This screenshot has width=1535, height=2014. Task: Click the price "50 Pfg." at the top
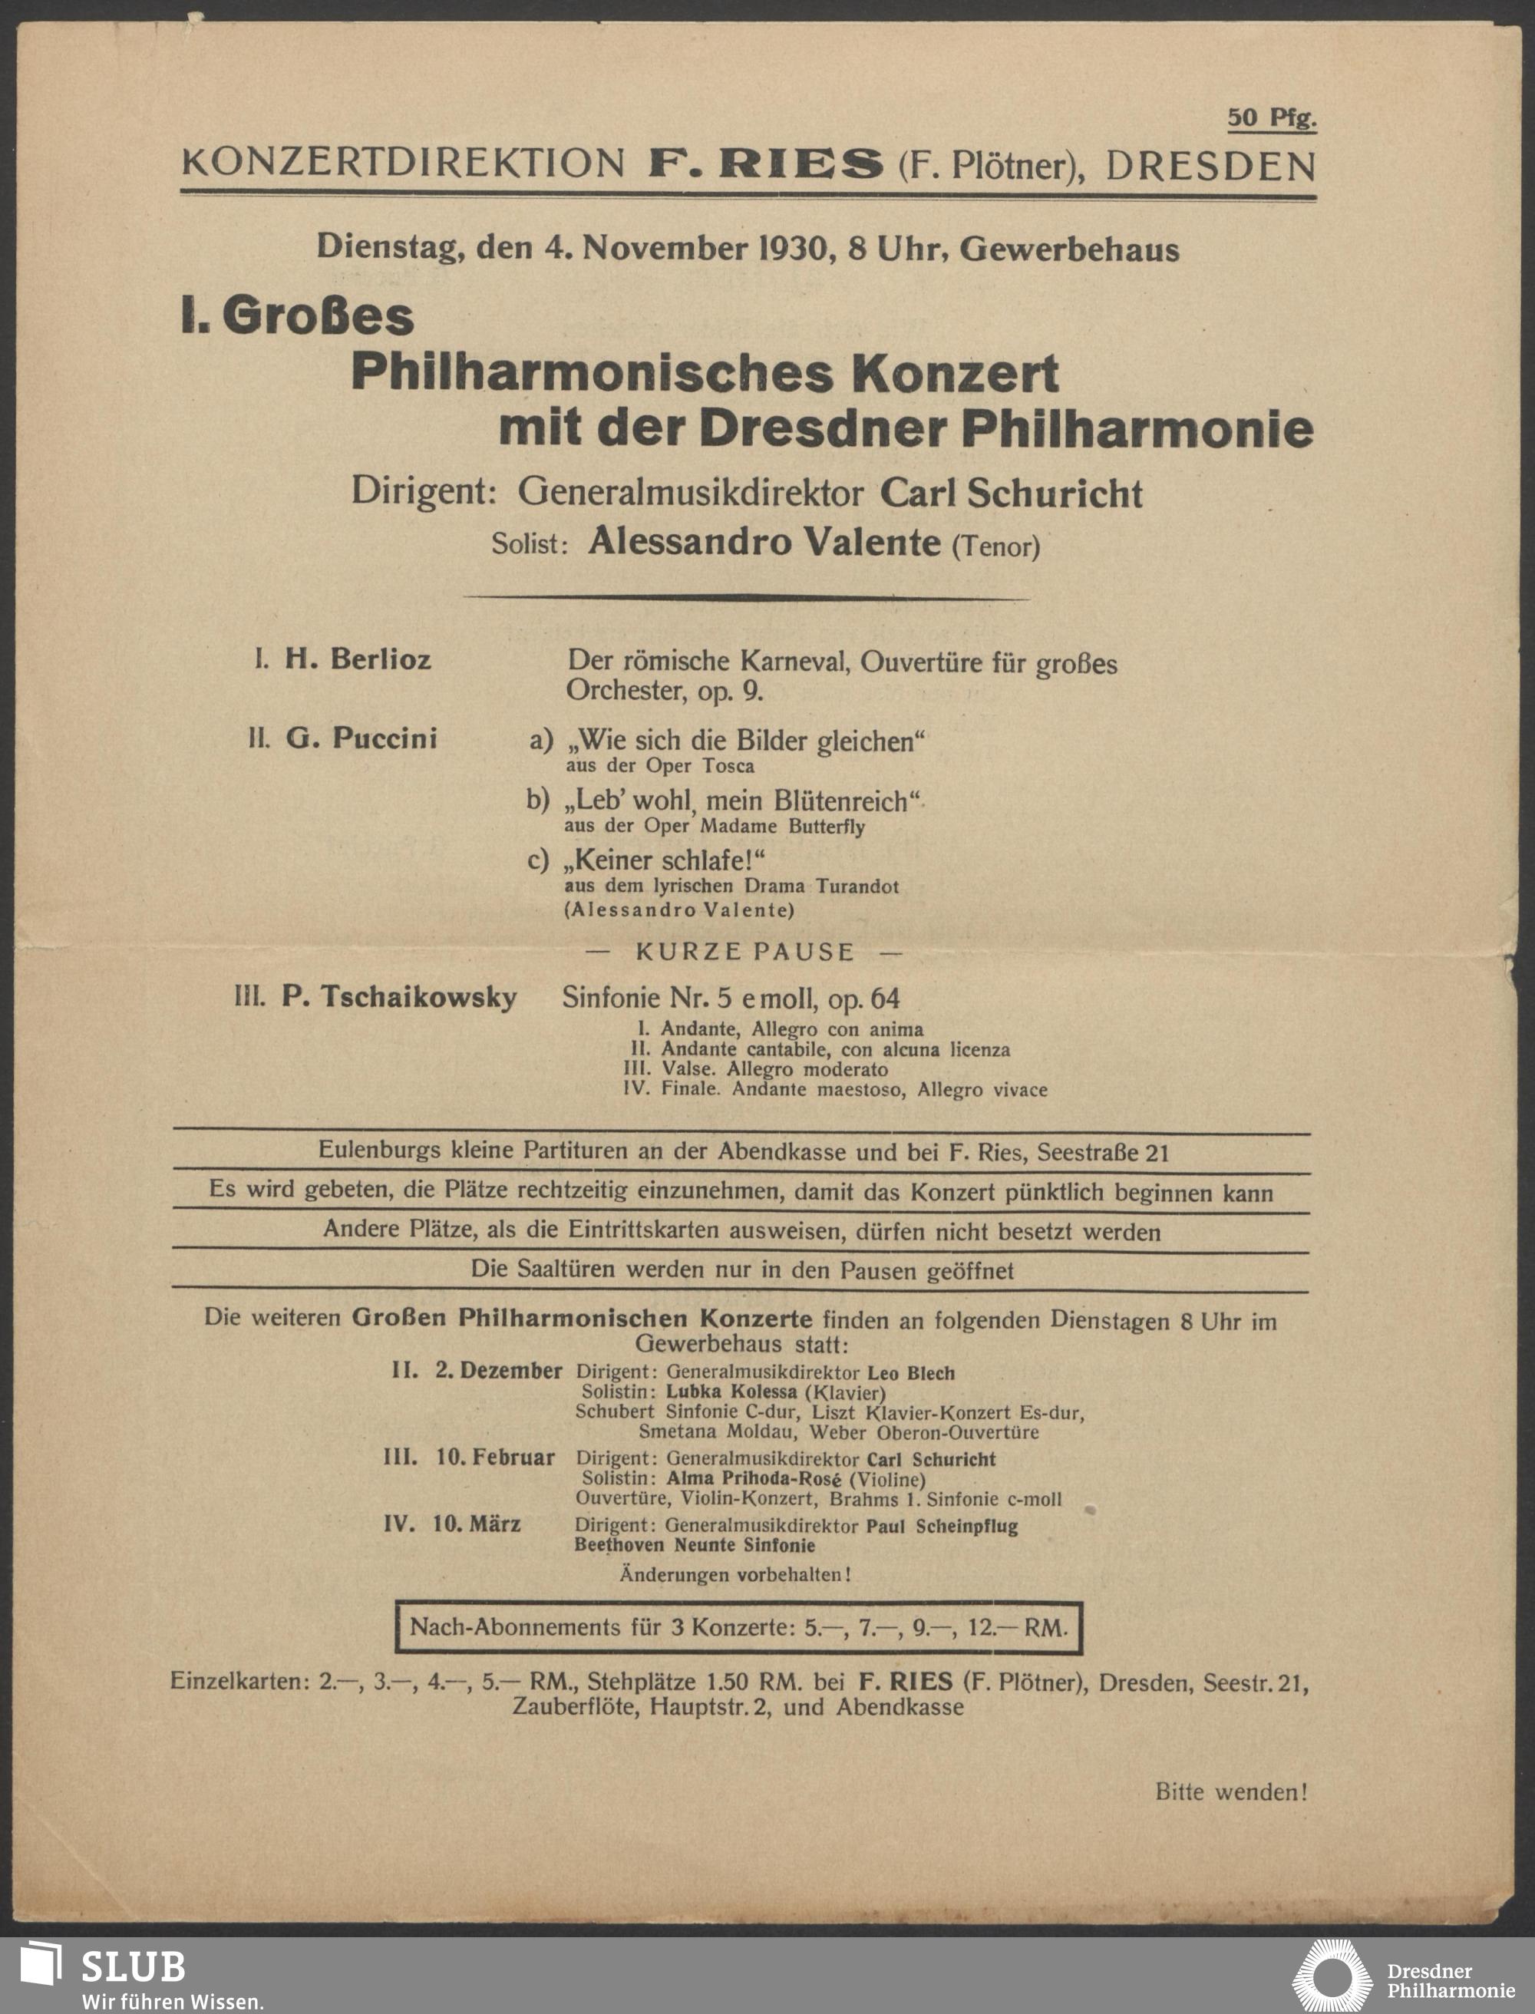1271,118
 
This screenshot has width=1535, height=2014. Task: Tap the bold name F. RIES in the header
766,164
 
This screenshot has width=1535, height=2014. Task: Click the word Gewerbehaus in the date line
1069,249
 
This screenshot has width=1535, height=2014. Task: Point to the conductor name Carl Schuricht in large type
1011,494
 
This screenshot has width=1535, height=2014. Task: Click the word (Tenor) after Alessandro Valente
996,546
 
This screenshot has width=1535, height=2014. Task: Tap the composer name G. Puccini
361,738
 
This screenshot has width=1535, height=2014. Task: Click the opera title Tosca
728,766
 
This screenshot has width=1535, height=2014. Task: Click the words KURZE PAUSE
744,953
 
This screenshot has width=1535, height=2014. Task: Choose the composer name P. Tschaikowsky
398,996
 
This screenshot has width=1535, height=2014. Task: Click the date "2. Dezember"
498,1371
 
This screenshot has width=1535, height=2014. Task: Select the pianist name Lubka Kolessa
731,1392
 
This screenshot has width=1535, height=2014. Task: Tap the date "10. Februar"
494,1458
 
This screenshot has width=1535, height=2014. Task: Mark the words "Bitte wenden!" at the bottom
1231,1792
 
